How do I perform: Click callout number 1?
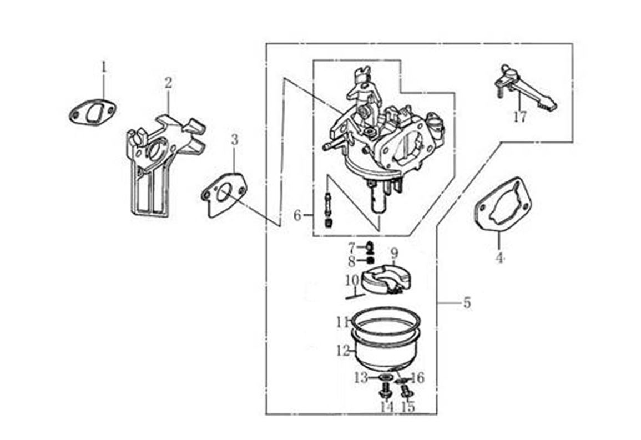[x=104, y=67]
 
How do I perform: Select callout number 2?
[x=168, y=83]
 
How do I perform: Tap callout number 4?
[x=499, y=258]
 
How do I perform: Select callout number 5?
[x=467, y=303]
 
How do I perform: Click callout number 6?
[x=297, y=215]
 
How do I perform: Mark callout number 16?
[x=418, y=378]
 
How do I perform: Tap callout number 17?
[x=520, y=117]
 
